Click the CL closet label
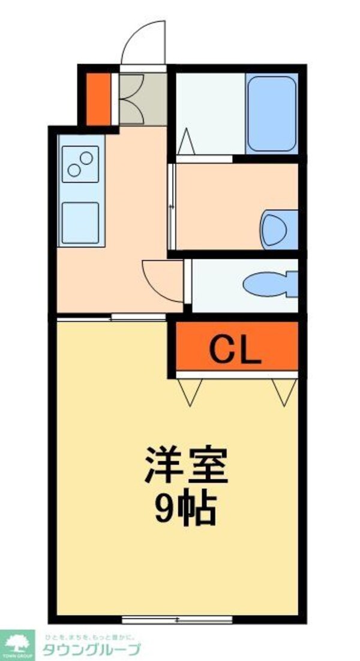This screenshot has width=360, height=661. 235,349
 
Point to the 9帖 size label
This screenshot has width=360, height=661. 185,510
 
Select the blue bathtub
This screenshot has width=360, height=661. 271,113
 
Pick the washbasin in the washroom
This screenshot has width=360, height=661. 278,229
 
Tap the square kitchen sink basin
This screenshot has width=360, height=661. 80,223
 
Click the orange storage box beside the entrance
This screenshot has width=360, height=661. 98,98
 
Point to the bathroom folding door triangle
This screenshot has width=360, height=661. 186,142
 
